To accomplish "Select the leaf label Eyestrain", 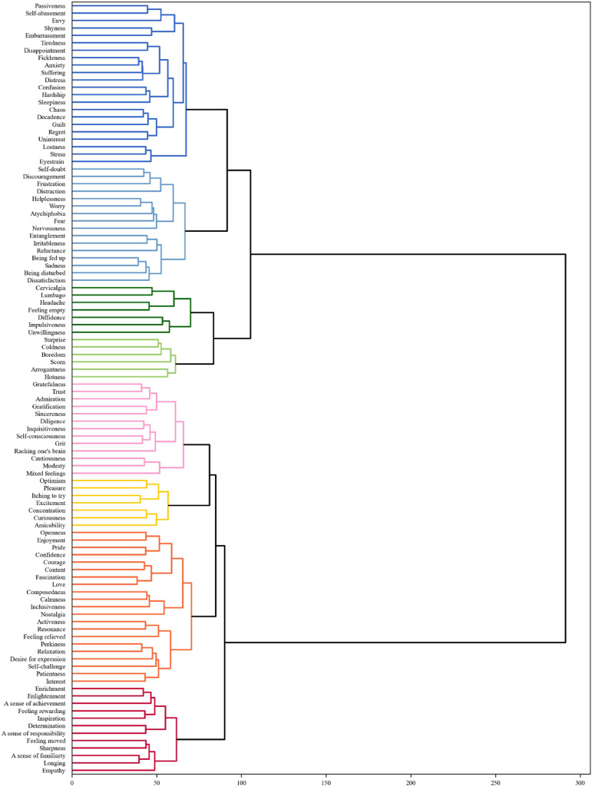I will [52, 163].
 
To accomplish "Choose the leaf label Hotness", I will [54, 377].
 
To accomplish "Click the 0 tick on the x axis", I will [72, 780].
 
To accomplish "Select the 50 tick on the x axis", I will [157, 780].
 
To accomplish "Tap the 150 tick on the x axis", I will [326, 780].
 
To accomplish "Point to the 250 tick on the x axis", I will [496, 780].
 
